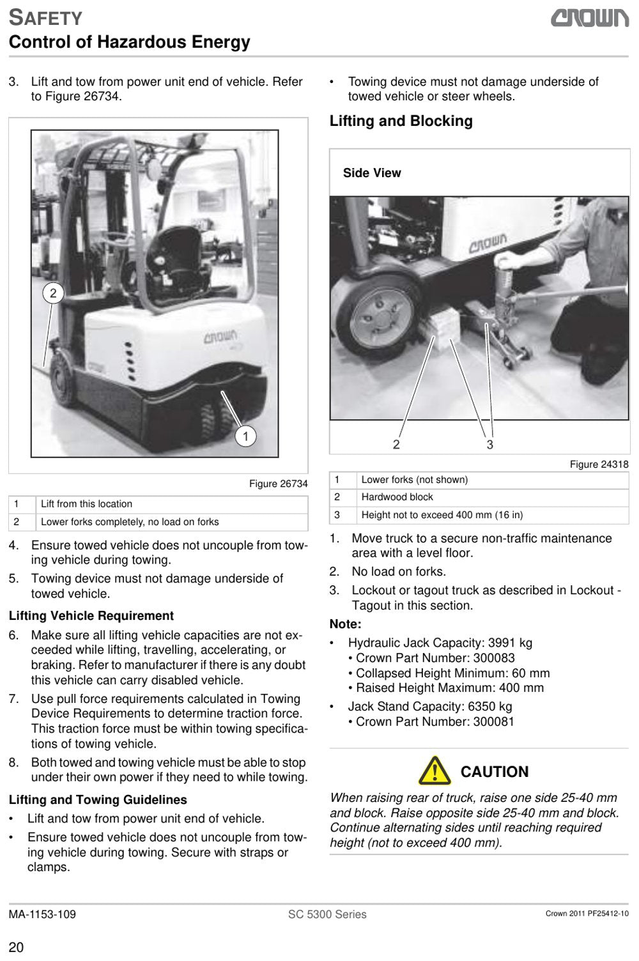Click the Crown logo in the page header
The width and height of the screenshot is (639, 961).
[590, 19]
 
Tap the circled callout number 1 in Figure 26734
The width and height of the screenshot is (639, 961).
[245, 436]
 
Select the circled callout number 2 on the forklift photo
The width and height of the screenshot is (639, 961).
[53, 293]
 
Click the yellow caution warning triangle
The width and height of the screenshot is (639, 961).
[435, 771]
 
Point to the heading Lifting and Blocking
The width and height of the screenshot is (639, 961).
[401, 121]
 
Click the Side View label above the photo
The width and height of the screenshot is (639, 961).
[372, 173]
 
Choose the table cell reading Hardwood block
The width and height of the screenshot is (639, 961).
[397, 497]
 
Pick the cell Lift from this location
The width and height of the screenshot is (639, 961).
[86, 504]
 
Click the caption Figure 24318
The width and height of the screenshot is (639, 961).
[599, 464]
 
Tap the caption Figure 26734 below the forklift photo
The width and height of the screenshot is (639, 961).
[279, 484]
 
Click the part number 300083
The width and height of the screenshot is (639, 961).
[494, 658]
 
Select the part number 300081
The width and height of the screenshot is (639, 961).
[493, 721]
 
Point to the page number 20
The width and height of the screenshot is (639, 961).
[16, 948]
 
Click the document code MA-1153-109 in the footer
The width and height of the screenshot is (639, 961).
[42, 914]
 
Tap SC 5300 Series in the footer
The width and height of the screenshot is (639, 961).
[327, 914]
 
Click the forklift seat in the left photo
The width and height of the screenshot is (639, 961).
[174, 262]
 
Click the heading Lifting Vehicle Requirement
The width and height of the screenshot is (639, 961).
[91, 616]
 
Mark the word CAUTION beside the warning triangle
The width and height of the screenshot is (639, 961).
[495, 772]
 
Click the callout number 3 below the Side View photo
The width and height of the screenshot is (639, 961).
[489, 445]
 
